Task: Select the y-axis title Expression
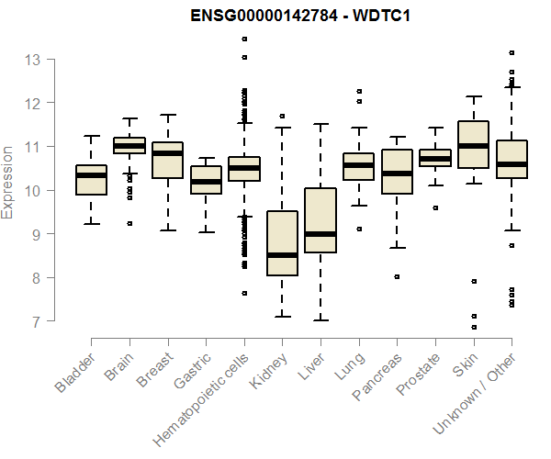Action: (x=9, y=181)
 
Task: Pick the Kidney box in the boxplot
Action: (x=282, y=243)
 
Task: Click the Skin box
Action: (x=473, y=144)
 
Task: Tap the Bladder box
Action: (x=92, y=180)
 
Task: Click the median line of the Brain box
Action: (x=129, y=146)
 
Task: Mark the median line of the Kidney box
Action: (x=282, y=255)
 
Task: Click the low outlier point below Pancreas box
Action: (x=397, y=276)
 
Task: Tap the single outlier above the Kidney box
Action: (x=282, y=117)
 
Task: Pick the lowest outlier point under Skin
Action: (x=473, y=327)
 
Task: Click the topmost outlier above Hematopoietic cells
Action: (x=243, y=39)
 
